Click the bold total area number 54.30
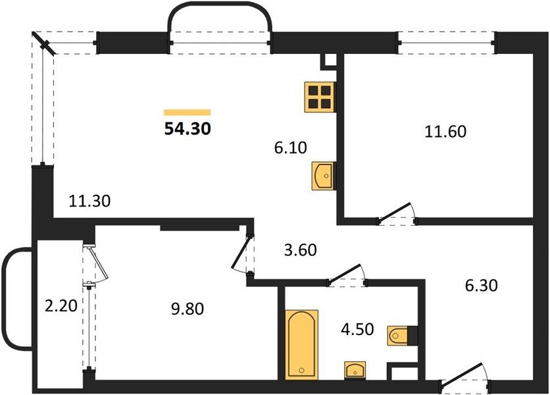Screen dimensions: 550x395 click(187, 129)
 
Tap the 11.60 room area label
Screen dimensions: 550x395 click(445, 132)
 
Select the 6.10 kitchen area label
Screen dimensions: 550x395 click(290, 147)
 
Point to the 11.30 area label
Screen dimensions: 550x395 click(89, 201)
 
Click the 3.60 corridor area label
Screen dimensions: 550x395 click(300, 250)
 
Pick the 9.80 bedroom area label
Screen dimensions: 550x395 click(187, 309)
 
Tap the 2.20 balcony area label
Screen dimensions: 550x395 click(61, 306)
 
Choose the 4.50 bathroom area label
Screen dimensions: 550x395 click(357, 329)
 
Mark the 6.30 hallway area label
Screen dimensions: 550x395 click(482, 286)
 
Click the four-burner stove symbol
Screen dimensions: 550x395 click(320, 97)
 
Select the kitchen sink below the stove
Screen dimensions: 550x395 click(324, 176)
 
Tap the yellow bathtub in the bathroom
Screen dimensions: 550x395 click(302, 344)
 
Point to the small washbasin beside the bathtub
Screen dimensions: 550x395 click(355, 371)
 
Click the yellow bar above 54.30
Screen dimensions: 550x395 click(187, 113)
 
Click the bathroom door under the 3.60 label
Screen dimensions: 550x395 click(347, 275)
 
